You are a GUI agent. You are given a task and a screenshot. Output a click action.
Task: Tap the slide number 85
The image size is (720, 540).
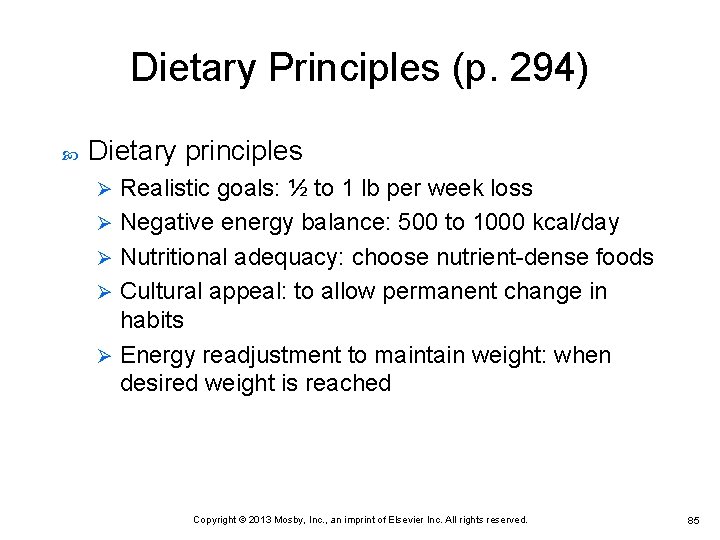pyautogui.click(x=693, y=521)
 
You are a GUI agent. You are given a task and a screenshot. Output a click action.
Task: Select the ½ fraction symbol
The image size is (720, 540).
pyautogui.click(x=297, y=188)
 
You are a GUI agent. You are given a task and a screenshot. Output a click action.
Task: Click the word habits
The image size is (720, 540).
pyautogui.click(x=152, y=320)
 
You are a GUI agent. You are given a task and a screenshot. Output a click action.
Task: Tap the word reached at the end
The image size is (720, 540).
pyautogui.click(x=347, y=383)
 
